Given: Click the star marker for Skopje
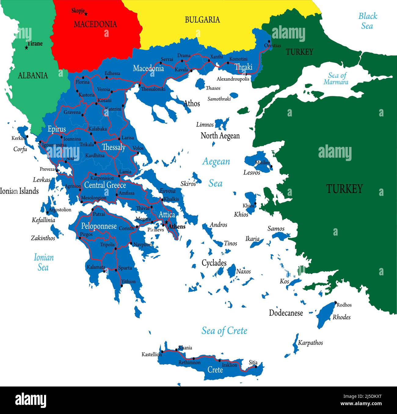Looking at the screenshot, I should (86, 14).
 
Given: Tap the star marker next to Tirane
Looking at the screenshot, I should (27, 48).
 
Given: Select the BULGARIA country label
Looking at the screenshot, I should (202, 20).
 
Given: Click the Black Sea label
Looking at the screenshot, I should (367, 21).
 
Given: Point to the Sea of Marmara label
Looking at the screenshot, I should (336, 79).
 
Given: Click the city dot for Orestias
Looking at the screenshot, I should (269, 41).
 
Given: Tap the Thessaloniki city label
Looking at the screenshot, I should (153, 89).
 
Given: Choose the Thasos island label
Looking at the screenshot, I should (213, 88).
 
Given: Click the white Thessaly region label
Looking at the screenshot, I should (114, 147).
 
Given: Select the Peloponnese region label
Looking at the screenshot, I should (99, 226).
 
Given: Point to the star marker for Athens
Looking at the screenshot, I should (166, 222).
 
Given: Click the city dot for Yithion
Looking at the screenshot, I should (122, 286).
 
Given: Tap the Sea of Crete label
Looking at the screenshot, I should (224, 331).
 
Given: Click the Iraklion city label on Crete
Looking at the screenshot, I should (229, 365).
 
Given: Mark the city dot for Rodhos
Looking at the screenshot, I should (335, 302).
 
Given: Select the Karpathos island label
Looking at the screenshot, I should (310, 343).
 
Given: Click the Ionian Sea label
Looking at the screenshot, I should (43, 262).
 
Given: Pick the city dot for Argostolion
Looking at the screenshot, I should (47, 212).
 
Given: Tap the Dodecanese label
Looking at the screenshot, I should (286, 313).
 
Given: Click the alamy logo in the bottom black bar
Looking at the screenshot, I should (31, 400).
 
